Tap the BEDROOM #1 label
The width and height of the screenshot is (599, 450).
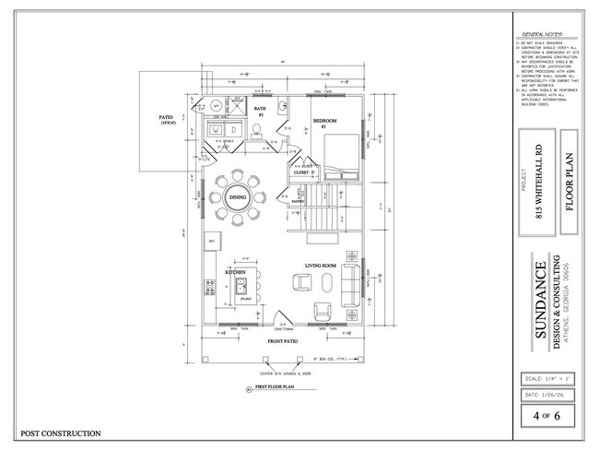(x=323, y=123)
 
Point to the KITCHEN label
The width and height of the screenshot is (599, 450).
(x=234, y=274)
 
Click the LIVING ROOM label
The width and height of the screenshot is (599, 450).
(x=322, y=267)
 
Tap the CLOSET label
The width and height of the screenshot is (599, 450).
(x=301, y=172)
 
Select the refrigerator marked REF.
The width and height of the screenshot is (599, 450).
(x=212, y=243)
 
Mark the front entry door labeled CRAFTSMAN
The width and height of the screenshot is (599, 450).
(x=280, y=326)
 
